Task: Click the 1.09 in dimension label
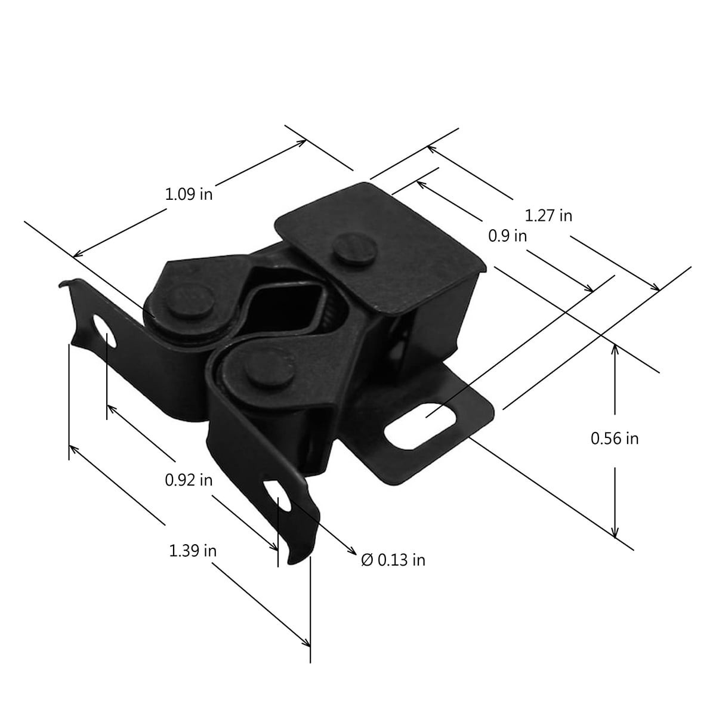tap(189, 194)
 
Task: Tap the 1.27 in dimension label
tap(548, 215)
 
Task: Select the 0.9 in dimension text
tap(507, 236)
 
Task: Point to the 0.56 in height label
tap(615, 439)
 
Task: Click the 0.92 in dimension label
tap(189, 480)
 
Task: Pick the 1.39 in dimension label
tap(193, 551)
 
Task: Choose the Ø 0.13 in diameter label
tap(393, 560)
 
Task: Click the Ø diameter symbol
tap(367, 560)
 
